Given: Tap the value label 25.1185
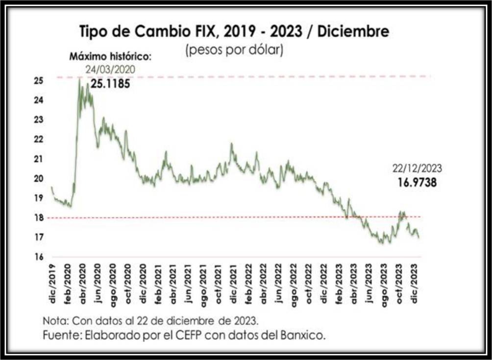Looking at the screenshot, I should (x=110, y=84).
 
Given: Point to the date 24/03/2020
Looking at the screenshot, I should (x=110, y=70).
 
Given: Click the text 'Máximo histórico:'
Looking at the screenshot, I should (x=110, y=56).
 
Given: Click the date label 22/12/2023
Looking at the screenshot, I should (x=416, y=169).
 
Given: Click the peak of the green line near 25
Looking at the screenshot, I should (x=79, y=79).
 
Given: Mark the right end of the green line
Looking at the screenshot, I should (x=418, y=238).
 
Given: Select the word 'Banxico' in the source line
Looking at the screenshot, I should (x=306, y=336).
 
